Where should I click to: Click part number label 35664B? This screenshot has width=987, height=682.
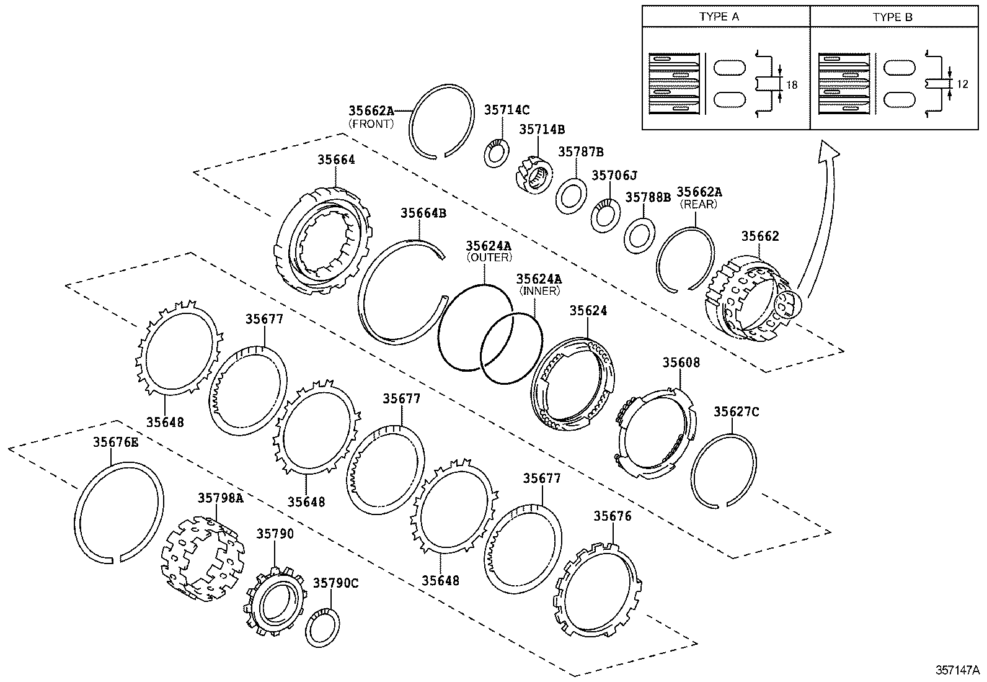coord(423,213)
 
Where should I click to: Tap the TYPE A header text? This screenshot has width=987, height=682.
coord(719,17)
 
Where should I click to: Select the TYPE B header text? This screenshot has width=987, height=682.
coord(893,17)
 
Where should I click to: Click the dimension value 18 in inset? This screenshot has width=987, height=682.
coord(792,85)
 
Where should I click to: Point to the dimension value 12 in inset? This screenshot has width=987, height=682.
coord(962,84)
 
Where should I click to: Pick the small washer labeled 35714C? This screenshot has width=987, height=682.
coord(496,153)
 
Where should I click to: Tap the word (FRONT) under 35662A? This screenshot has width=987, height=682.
coord(371,123)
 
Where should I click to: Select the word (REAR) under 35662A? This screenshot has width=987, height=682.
coord(699,204)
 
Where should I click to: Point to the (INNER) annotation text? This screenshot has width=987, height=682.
coord(539,290)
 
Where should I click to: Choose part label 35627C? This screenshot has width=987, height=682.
coord(736,412)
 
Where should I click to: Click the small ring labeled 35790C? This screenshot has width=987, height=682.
coord(322,629)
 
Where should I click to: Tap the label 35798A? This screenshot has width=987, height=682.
coord(220,498)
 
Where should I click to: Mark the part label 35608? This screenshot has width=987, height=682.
coord(681,362)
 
